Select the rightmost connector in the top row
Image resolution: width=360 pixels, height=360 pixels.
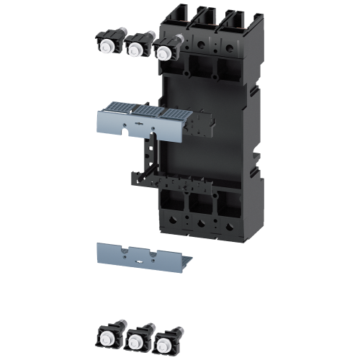[x=165, y=50]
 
